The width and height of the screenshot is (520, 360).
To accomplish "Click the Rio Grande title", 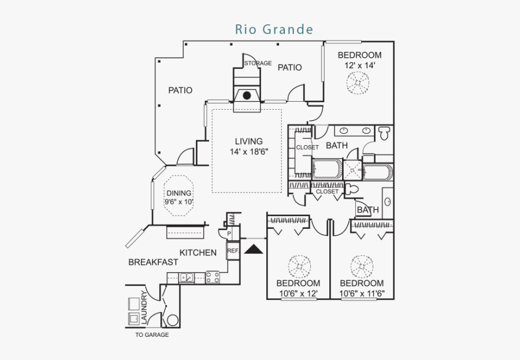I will [x=274, y=29].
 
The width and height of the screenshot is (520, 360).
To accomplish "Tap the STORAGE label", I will [x=258, y=63].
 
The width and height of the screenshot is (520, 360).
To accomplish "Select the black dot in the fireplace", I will [x=247, y=95].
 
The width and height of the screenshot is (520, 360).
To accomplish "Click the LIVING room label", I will [x=248, y=141].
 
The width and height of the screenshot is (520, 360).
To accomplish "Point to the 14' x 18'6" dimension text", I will [x=248, y=152].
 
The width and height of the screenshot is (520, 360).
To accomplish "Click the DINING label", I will [x=179, y=194].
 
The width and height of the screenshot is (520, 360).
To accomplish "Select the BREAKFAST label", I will [x=153, y=262].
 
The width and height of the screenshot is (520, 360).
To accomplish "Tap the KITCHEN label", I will [x=198, y=253].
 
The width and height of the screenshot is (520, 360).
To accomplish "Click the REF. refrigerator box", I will [x=233, y=251].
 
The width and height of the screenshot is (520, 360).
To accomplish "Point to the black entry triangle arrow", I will [x=253, y=249].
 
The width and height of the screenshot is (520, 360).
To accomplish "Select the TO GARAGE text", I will [x=152, y=335].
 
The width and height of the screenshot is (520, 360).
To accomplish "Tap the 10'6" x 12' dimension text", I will [x=298, y=294].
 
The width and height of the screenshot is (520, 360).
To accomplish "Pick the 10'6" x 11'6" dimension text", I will [x=362, y=294].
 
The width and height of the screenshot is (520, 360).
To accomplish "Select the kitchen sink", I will [x=186, y=278].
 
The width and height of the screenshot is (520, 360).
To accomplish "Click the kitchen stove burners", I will [x=213, y=278].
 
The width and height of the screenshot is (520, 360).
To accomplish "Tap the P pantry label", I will [x=229, y=233].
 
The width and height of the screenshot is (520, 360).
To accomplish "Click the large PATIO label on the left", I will [x=180, y=90].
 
